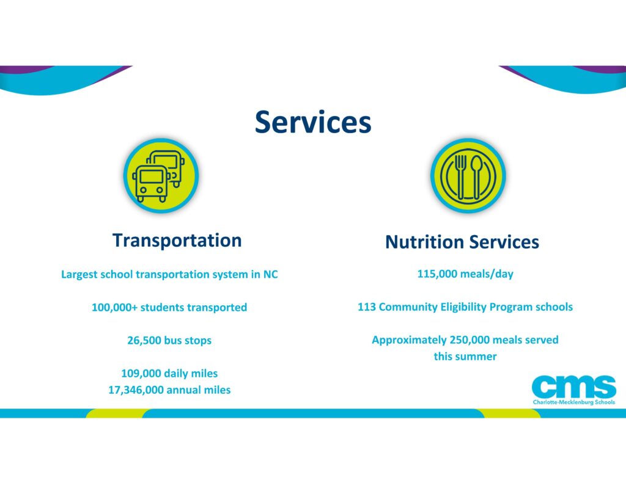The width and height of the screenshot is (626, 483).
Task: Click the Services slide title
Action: (313, 122)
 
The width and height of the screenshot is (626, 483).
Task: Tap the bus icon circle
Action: (161, 175)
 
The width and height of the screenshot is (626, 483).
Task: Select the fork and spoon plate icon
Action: (468, 175)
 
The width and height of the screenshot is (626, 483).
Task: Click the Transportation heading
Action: (177, 241)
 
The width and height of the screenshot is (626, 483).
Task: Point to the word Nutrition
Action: (424, 242)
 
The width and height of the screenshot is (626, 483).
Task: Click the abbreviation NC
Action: (270, 274)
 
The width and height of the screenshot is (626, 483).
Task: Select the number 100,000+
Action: (114, 308)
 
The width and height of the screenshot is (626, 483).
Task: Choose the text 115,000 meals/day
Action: (465, 274)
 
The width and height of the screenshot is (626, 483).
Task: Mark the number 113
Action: (367, 307)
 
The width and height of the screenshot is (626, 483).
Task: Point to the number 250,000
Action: (469, 340)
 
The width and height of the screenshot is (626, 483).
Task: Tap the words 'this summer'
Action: (465, 356)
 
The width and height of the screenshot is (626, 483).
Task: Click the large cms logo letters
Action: (573, 386)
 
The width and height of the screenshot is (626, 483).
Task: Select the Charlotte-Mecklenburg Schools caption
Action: (573, 402)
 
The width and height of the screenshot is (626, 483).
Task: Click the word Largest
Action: (79, 275)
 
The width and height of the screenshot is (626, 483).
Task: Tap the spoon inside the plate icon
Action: (476, 176)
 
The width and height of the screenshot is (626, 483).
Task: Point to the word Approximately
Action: (409, 340)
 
